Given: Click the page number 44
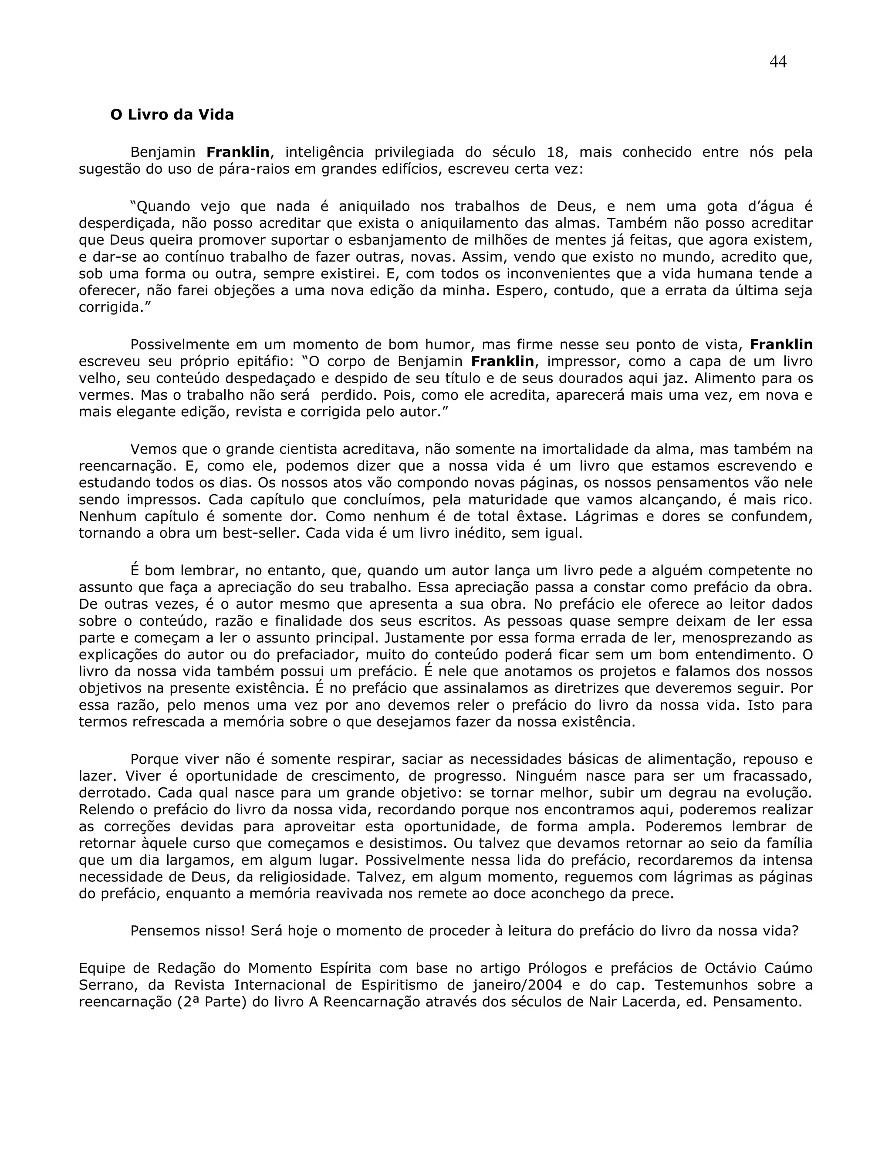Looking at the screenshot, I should click(778, 62).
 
